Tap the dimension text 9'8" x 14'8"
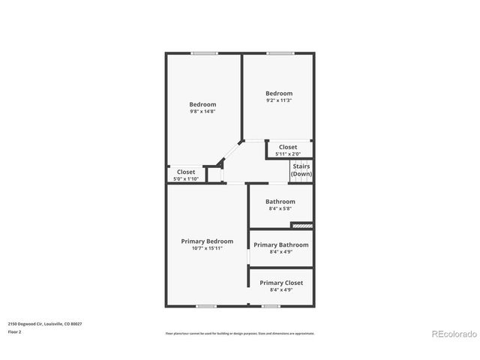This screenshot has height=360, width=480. tap(202, 112)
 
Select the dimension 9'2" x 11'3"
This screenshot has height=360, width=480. tap(278, 100)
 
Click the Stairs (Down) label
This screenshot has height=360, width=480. tap(301, 169)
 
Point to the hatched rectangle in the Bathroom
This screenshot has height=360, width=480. tap(301, 224)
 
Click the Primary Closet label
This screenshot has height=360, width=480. tap(281, 283)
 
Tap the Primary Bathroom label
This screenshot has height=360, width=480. tap(281, 244)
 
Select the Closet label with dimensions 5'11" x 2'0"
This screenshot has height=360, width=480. tap(288, 147)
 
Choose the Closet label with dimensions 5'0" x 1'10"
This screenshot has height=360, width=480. tap(185, 172)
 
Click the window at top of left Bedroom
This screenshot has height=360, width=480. tap(204, 52)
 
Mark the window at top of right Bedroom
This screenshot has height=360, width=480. tap(280, 52)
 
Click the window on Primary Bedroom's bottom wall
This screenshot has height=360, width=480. tap(206, 306)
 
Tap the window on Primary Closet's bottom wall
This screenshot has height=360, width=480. tap(271, 306)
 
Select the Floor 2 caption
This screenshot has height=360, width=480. tap(15, 331)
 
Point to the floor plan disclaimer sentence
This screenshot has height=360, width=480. tap(240, 334)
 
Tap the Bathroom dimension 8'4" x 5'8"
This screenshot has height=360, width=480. tap(280, 208)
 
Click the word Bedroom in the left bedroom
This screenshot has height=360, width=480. tap(202, 104)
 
